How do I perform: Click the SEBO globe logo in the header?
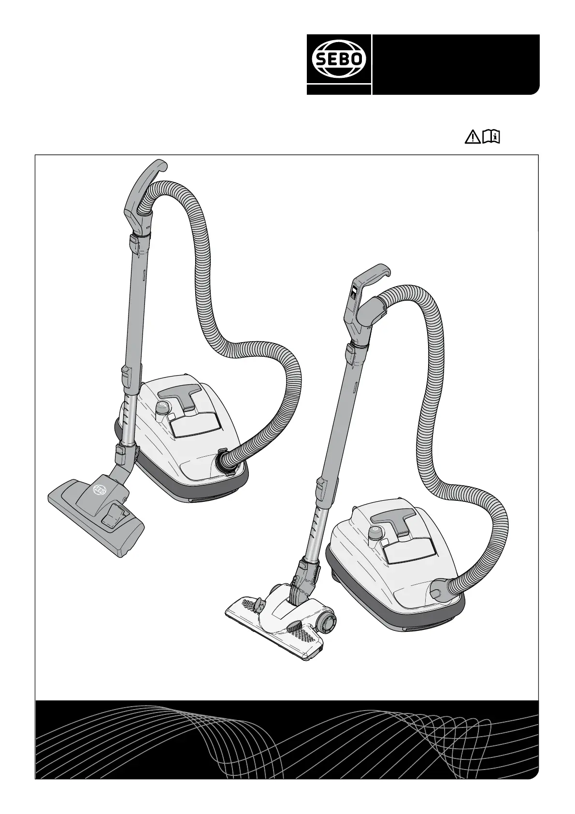click(339, 59)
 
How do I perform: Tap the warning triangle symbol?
click(473, 137)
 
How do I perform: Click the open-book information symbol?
click(491, 137)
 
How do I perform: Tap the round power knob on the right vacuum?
click(375, 532)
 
